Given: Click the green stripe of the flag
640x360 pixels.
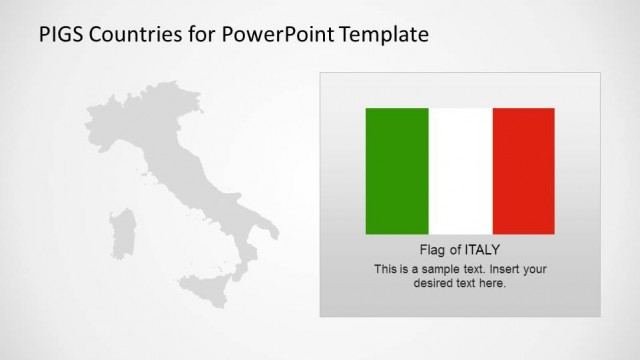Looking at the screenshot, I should [x=397, y=171].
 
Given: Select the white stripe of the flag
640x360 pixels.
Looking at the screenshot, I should [x=460, y=171].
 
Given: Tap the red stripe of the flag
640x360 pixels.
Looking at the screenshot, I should [x=523, y=171].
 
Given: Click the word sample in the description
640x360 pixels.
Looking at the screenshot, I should [x=436, y=269].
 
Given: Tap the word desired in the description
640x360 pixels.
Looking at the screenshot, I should [x=435, y=283].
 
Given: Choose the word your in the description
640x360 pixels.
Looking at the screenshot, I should [x=534, y=269].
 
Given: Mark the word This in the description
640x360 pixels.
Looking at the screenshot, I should [x=386, y=269].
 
